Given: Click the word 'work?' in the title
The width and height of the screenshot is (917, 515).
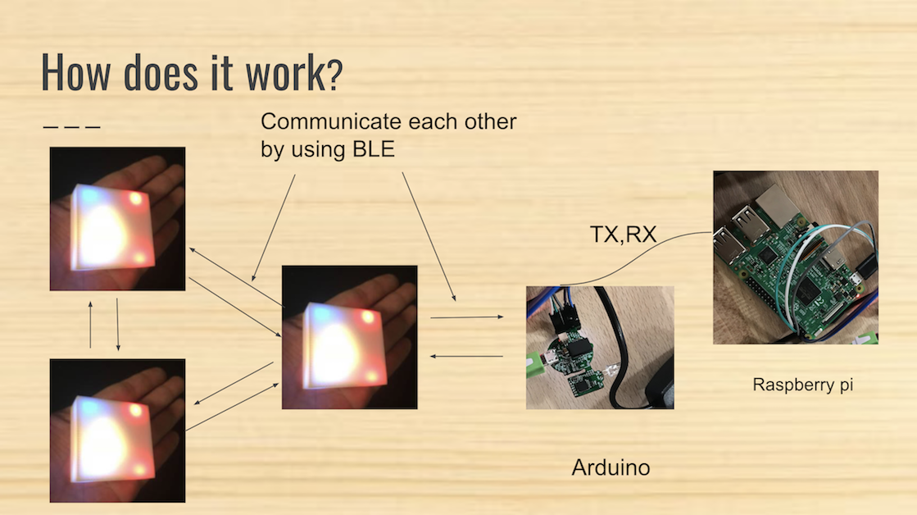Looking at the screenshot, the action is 293,72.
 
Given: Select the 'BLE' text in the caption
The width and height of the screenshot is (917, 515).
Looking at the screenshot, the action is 373,148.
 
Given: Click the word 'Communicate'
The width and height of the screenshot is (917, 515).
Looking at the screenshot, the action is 331,121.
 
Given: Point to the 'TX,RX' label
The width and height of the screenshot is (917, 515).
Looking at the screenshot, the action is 623,235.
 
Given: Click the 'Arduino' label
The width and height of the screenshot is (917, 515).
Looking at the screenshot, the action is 611,467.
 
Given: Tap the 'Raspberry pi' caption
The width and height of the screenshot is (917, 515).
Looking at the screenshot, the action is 802,385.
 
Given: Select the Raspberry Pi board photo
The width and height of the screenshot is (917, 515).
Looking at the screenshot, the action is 796,257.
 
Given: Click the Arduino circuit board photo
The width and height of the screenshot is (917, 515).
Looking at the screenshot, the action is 600,348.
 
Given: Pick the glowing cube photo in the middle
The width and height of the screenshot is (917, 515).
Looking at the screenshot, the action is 350,337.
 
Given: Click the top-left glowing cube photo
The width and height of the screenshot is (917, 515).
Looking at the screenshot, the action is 117,219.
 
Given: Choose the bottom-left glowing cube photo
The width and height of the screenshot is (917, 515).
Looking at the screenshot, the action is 117,431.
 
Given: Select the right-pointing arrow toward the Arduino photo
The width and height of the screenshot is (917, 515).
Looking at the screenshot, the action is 466,317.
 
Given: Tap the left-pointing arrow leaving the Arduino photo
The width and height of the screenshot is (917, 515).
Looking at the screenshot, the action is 466,356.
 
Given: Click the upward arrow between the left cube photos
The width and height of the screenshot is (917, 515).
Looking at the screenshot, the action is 90,325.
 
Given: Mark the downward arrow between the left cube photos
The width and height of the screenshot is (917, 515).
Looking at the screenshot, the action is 118,325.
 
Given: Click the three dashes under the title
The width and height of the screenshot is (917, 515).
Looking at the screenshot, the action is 72,126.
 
